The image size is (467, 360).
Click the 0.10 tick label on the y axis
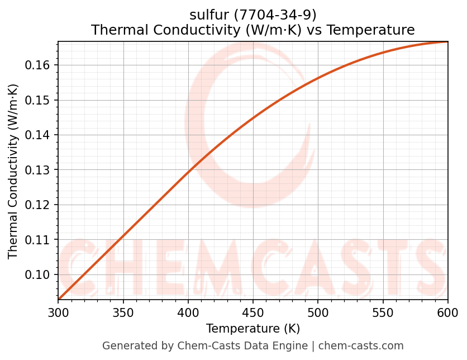click(38, 274)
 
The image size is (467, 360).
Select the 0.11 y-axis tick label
click(38, 240)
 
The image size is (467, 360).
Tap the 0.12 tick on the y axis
click(38, 205)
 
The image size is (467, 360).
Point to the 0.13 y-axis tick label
click(38, 170)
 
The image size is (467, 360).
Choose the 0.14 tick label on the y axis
click(38, 135)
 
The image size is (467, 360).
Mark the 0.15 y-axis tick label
click(38, 100)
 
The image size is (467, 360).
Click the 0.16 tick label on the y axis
click(38, 65)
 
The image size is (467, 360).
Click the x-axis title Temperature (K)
click(253, 329)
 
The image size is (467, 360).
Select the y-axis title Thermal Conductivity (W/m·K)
click(13, 171)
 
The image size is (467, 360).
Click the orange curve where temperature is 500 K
click(318, 78)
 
